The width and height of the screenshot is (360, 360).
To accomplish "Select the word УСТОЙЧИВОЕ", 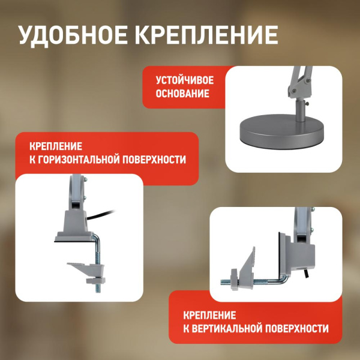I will click(x=185, y=80).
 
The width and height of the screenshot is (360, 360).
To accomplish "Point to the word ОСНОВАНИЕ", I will click(x=182, y=94).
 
